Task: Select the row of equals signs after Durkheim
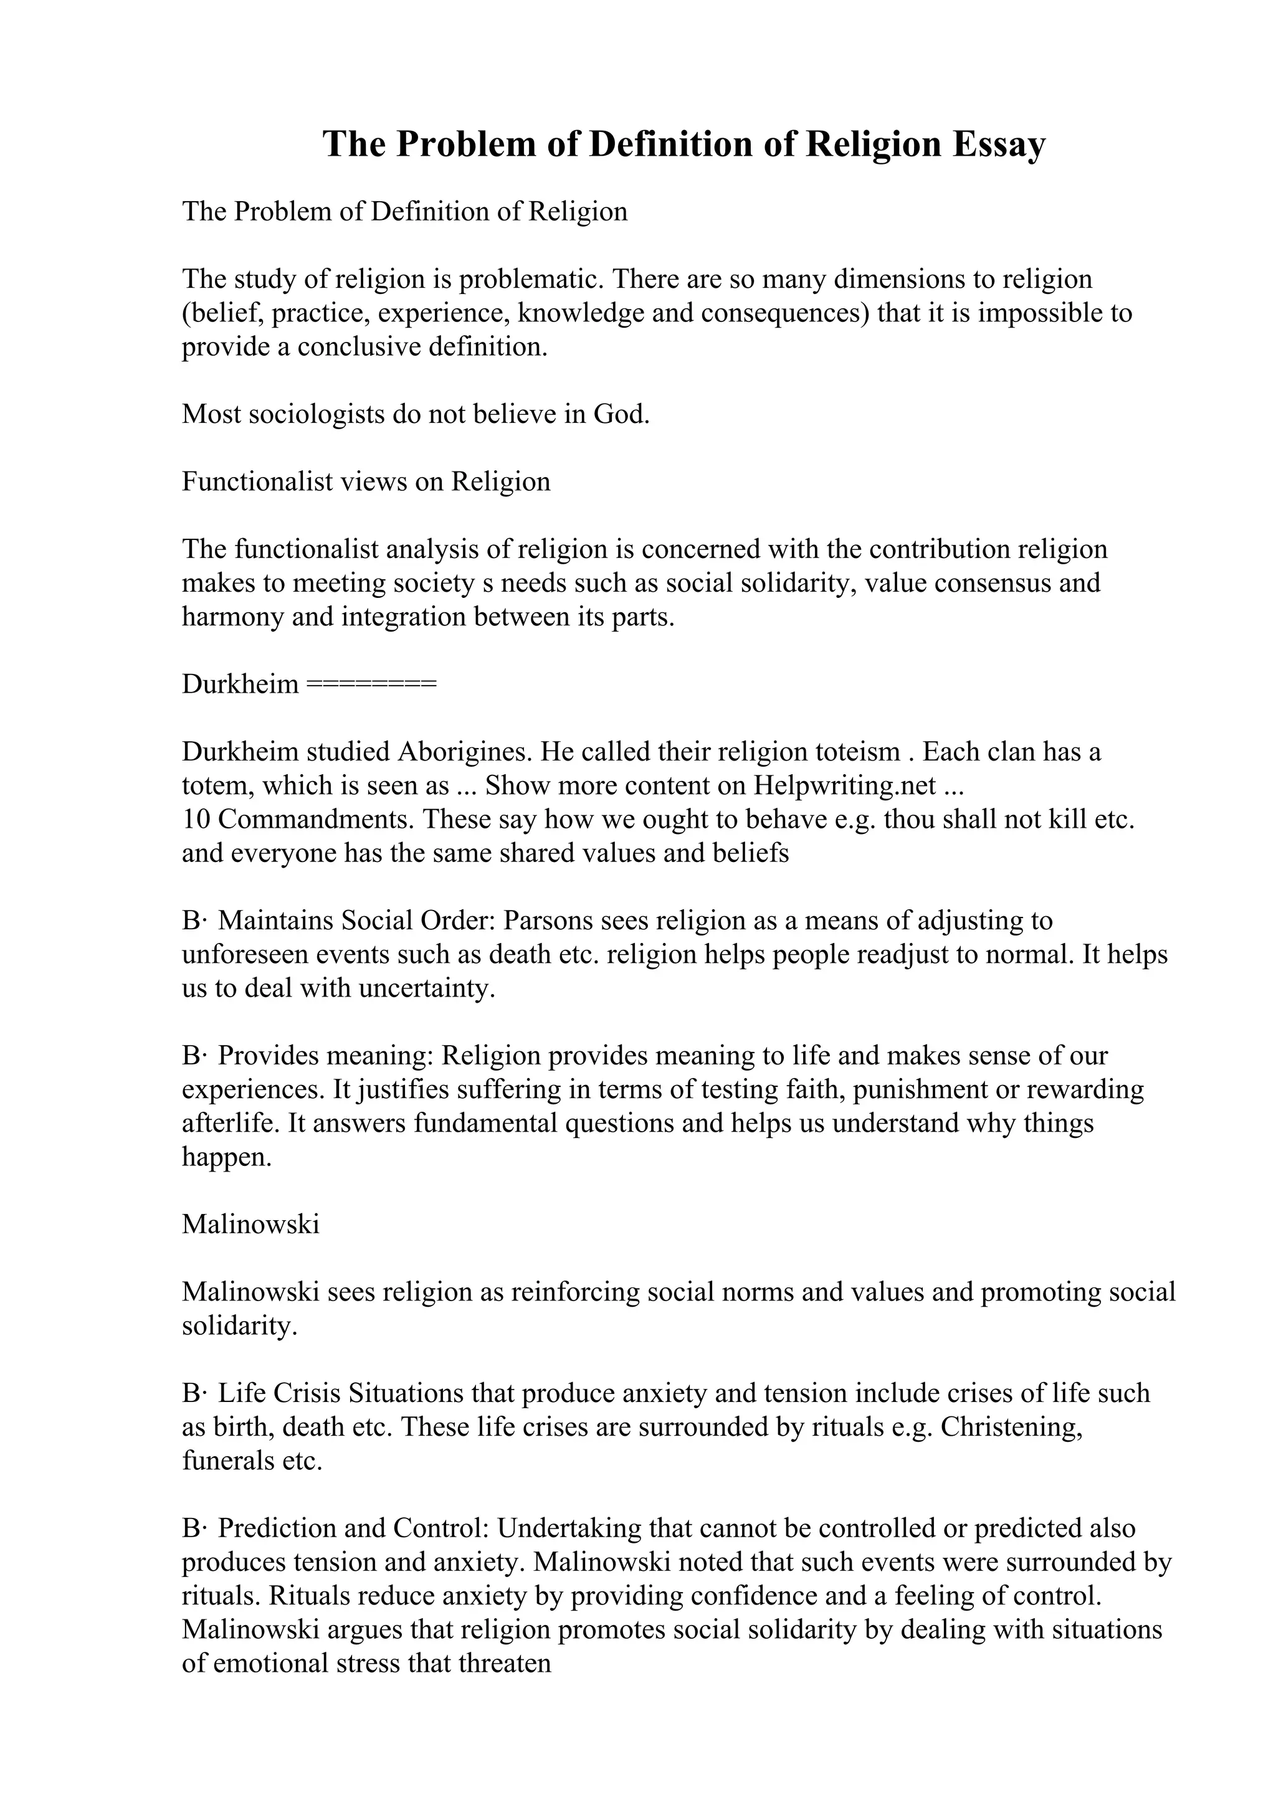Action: coord(369,684)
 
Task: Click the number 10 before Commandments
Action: coord(196,819)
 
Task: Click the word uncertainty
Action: coord(426,987)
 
